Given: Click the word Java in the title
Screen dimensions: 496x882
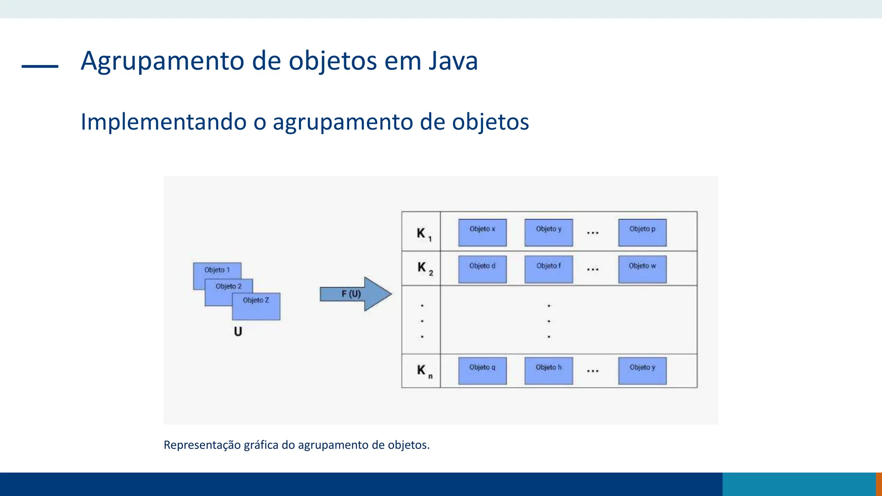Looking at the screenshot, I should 453,61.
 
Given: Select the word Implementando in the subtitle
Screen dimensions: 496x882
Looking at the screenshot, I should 163,122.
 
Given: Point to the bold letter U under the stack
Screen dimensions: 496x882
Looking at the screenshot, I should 238,332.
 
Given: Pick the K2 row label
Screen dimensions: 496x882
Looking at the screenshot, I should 424,268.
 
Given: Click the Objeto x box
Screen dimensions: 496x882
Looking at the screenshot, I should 482,233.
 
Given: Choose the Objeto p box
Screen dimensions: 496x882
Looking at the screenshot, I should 642,233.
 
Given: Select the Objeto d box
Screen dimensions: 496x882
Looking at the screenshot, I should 482,270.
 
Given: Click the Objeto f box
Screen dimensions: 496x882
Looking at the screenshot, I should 549,270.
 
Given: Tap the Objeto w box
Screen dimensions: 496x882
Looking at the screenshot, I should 642,270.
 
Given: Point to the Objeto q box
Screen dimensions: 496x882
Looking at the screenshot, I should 482,371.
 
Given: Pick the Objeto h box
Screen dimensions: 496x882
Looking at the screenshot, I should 549,371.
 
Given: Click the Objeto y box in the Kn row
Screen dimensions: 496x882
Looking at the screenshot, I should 642,371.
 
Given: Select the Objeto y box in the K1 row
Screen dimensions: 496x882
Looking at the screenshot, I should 549,233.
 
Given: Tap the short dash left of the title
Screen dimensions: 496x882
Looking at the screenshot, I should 40,66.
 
